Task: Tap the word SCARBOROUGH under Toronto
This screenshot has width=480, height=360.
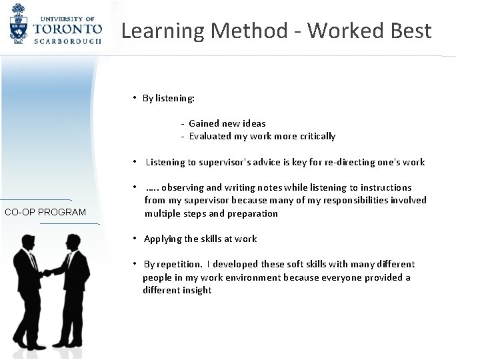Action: [x=69, y=41]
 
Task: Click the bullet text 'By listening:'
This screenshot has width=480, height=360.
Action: [x=168, y=99]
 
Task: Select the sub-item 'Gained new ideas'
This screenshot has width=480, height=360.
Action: [x=227, y=123]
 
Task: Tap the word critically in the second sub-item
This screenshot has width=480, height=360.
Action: [x=313, y=136]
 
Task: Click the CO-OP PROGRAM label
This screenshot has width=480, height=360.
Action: [x=45, y=213]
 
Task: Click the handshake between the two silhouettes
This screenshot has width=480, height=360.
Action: [x=48, y=273]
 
